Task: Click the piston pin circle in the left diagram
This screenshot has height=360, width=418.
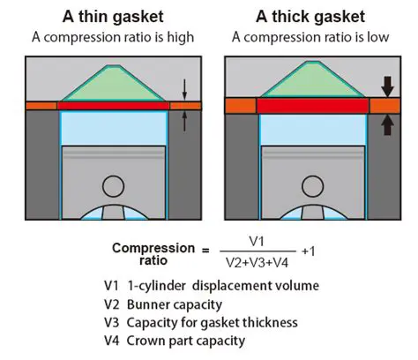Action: pos(113,186)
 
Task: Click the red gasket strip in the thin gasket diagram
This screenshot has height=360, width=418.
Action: pos(113,105)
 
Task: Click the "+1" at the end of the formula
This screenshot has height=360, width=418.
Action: pos(309,251)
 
